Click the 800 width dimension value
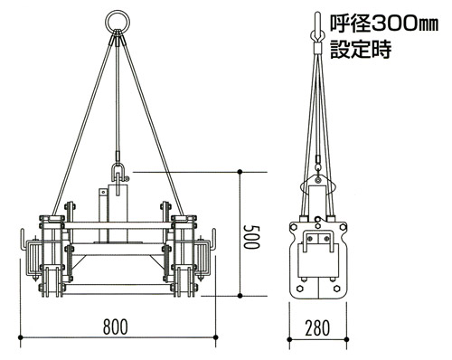(x=116, y=327)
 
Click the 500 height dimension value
(x=251, y=237)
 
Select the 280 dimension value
(x=317, y=328)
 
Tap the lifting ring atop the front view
(x=118, y=21)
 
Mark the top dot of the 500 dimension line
(x=240, y=172)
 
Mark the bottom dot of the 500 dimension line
(x=240, y=296)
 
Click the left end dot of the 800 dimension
(x=21, y=336)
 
